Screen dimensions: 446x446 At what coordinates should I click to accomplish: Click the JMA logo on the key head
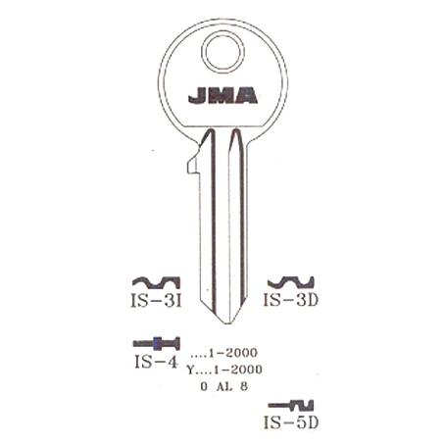tap(223, 95)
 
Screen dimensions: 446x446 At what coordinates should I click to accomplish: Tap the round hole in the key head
tap(223, 52)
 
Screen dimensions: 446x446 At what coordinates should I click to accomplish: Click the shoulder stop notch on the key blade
tap(193, 166)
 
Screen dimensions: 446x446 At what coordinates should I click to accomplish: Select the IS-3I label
tap(156, 301)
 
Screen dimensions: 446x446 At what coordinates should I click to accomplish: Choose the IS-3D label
tap(291, 300)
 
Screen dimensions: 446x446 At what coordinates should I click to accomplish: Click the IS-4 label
tap(156, 362)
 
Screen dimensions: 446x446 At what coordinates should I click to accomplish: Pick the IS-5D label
tap(291, 422)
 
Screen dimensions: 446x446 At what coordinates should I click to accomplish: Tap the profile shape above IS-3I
tap(156, 283)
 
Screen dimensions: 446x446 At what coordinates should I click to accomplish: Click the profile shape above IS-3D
tap(291, 282)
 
